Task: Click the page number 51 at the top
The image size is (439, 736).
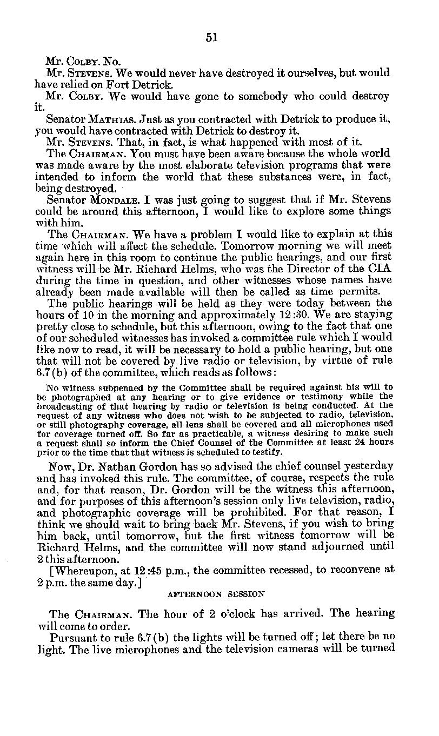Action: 211,37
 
